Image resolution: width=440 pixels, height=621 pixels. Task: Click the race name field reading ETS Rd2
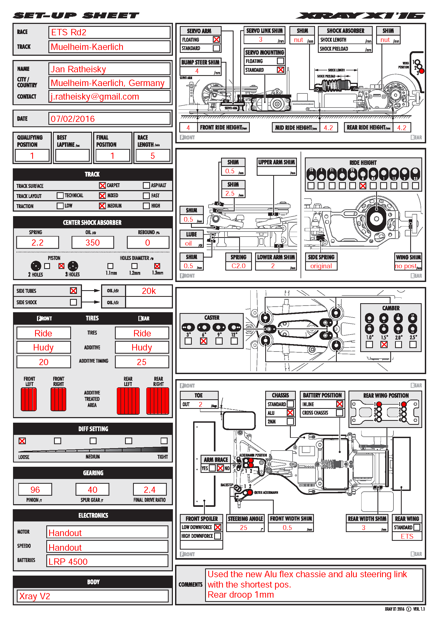pyautogui.click(x=109, y=32)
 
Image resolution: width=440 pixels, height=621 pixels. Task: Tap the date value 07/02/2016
pyautogui.click(x=109, y=119)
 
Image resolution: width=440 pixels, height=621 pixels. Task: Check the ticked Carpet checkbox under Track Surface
pyautogui.click(x=102, y=186)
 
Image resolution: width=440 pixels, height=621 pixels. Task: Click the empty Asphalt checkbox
pyautogui.click(x=146, y=186)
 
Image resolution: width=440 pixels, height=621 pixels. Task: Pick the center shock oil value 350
pyautogui.click(x=93, y=243)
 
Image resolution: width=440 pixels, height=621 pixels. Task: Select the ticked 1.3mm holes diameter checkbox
pyautogui.click(x=157, y=266)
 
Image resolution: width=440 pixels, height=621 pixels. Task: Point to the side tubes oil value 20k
pyautogui.click(x=149, y=291)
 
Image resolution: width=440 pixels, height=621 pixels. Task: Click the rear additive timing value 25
pyautogui.click(x=142, y=362)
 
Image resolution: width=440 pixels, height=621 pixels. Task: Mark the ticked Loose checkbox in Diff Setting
pyautogui.click(x=22, y=441)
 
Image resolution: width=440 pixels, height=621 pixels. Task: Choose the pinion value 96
pyautogui.click(x=35, y=490)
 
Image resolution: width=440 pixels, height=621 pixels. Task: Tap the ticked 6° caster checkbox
pyautogui.click(x=204, y=341)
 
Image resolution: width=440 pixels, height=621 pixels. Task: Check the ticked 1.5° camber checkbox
pyautogui.click(x=384, y=345)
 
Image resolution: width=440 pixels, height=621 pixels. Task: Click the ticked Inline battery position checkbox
pyautogui.click(x=339, y=404)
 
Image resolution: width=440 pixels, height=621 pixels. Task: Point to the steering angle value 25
pyautogui.click(x=244, y=528)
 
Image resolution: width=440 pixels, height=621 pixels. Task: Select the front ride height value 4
pyautogui.click(x=188, y=128)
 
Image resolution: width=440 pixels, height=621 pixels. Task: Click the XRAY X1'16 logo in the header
pyautogui.click(x=360, y=16)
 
